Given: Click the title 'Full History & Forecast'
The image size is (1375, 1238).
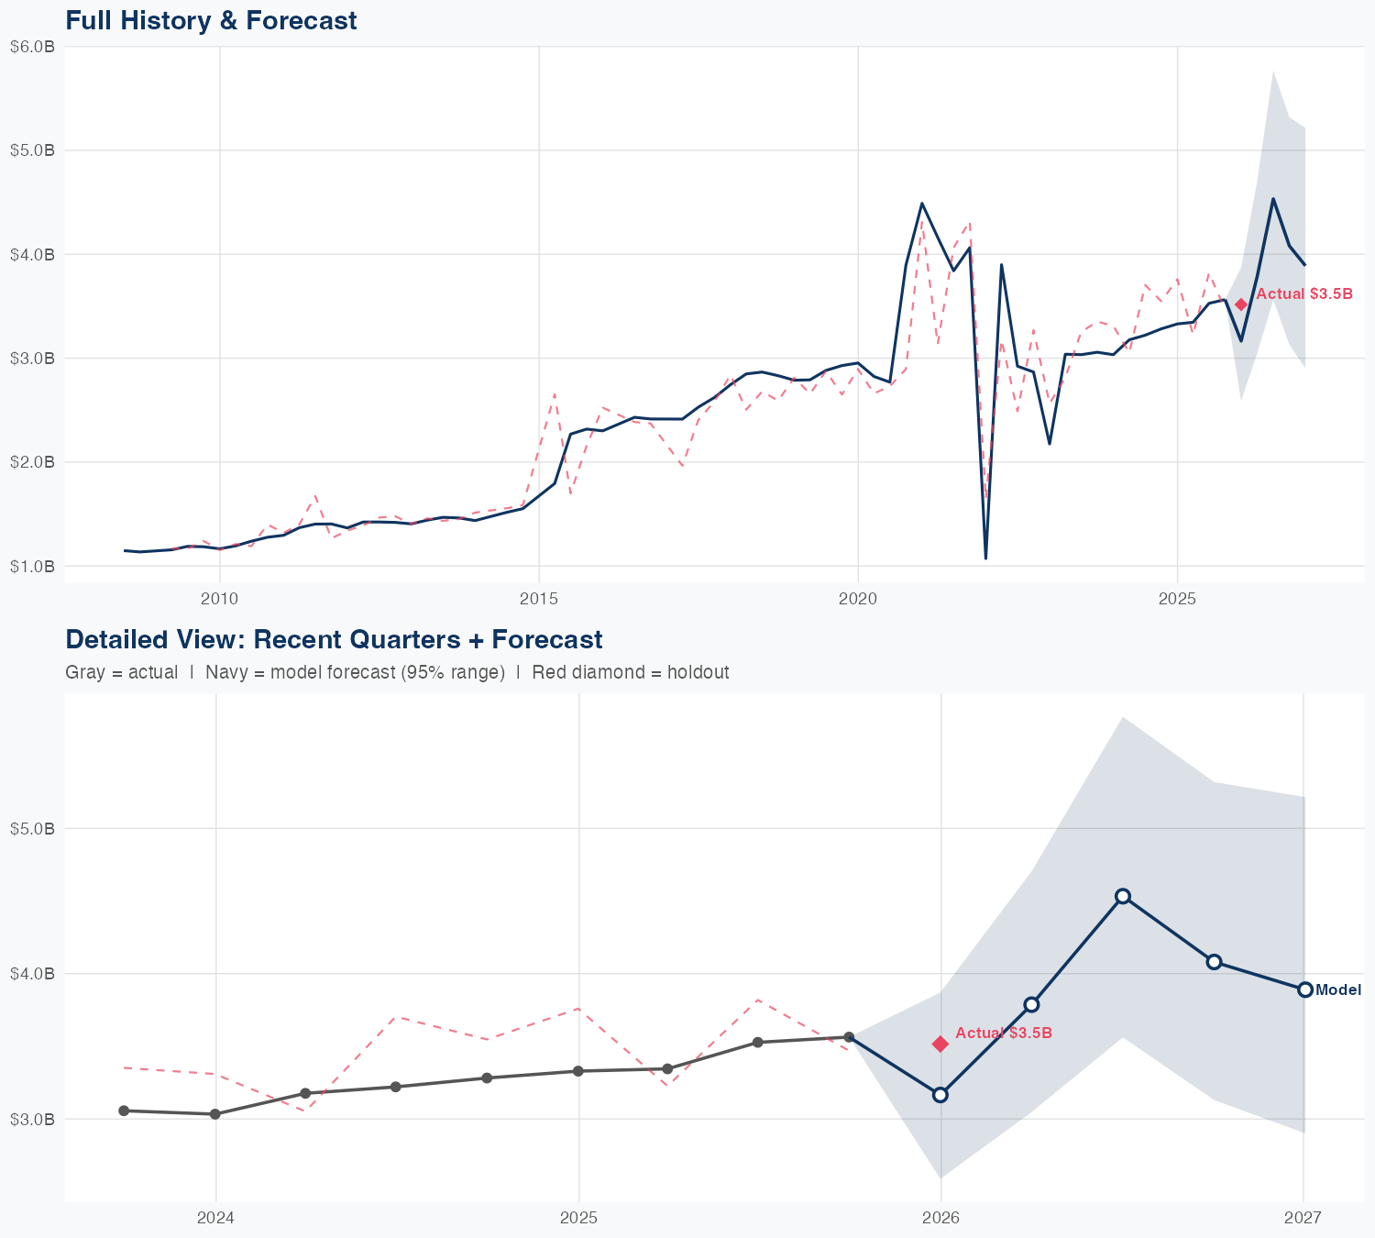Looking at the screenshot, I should tap(211, 20).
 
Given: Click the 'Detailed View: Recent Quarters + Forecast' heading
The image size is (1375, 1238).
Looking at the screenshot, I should tap(334, 639).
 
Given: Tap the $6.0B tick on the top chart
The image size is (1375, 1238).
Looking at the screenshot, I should tap(32, 47).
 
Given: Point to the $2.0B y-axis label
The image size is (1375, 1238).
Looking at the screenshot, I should tap(32, 462).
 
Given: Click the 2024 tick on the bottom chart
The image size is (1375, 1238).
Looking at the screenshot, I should tap(215, 1218).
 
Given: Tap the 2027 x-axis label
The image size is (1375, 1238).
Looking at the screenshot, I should tap(1303, 1218).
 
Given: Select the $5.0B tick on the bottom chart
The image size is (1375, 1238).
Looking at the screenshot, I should tap(32, 829).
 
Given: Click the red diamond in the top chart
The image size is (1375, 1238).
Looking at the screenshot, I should tap(1241, 304).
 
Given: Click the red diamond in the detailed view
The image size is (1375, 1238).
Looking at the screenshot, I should tap(940, 1044).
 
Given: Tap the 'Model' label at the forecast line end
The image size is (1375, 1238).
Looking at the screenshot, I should tap(1338, 990).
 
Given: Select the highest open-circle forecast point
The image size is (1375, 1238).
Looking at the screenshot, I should tap(1123, 896).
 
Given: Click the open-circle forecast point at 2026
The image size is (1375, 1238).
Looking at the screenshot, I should tap(940, 1095).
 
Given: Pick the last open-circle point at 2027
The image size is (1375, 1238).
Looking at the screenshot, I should tap(1304, 989).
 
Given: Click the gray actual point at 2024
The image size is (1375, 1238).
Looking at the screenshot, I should tap(215, 1114).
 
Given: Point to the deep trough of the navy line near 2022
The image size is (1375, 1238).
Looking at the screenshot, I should tap(985, 558).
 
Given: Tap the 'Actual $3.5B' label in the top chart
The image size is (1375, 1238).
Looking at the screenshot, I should tap(1303, 294).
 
